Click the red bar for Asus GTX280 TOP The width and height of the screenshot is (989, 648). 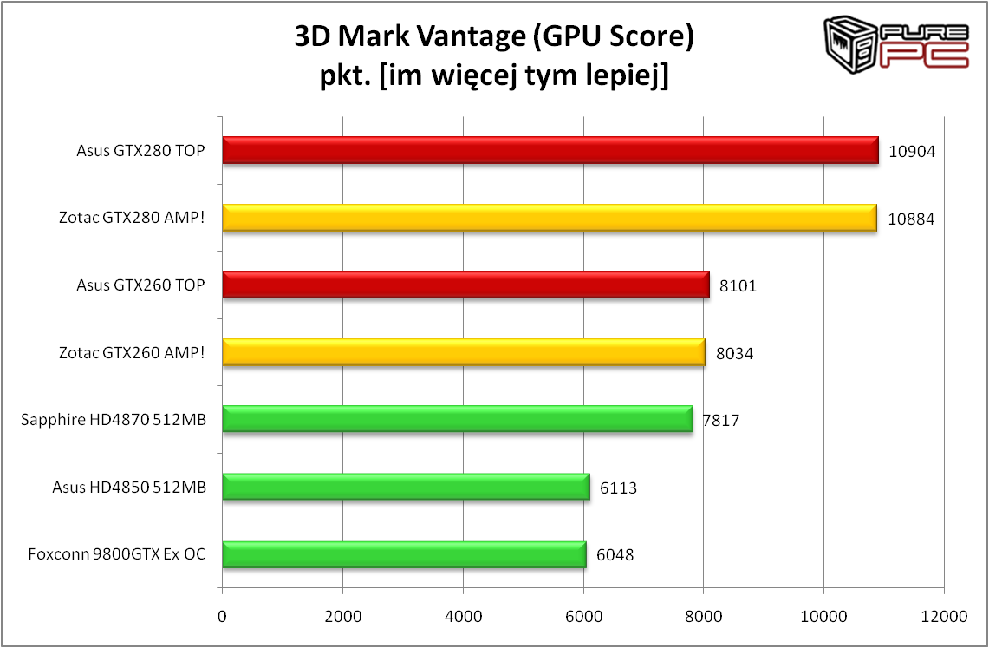point(550,150)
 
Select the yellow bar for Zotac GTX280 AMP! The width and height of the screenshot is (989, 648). point(550,218)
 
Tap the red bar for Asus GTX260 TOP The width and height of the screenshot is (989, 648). point(465,285)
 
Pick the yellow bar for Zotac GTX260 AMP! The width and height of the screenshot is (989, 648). point(464,352)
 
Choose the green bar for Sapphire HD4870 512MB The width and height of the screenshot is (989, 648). point(458,419)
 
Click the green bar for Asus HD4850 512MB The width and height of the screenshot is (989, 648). point(406,487)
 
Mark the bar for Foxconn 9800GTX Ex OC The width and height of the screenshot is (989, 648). point(404,553)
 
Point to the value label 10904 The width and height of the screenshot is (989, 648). point(911,151)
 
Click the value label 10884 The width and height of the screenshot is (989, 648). point(909,219)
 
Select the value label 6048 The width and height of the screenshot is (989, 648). point(615,555)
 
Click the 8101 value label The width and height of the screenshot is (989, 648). point(738,285)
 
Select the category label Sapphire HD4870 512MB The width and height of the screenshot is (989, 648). point(114,421)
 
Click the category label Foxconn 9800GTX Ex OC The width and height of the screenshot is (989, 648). point(116,554)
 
